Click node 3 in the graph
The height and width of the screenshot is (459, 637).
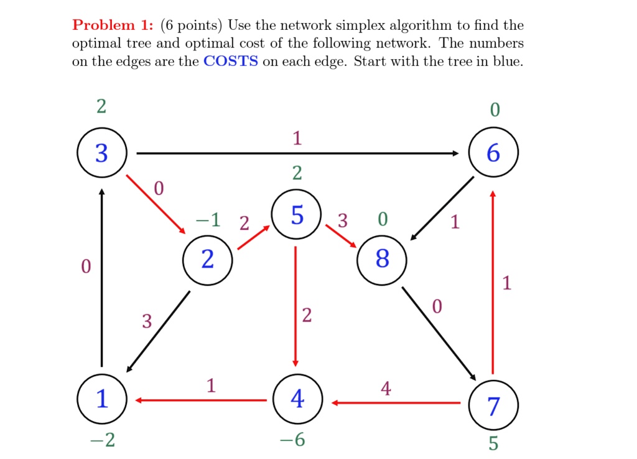point(102,153)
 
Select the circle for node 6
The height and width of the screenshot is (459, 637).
point(493,153)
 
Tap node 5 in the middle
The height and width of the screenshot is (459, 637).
point(297,215)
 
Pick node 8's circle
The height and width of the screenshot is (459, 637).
point(382,259)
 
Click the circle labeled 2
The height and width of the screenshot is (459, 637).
point(208,259)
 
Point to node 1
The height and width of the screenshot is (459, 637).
point(102,399)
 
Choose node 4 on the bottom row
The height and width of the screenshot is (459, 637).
point(297,399)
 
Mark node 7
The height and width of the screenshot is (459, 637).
point(493,407)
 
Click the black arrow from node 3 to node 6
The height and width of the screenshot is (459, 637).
point(297,153)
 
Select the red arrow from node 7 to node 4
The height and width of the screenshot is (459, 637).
point(396,404)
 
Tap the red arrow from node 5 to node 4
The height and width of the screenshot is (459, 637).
point(296,305)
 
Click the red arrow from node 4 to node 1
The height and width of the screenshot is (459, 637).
point(200,400)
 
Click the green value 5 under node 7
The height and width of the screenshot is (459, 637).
point(493,443)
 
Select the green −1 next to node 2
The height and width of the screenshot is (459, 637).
point(208,220)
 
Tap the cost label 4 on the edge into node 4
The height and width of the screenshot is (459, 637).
point(386,389)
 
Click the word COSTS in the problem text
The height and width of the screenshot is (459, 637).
point(230,63)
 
